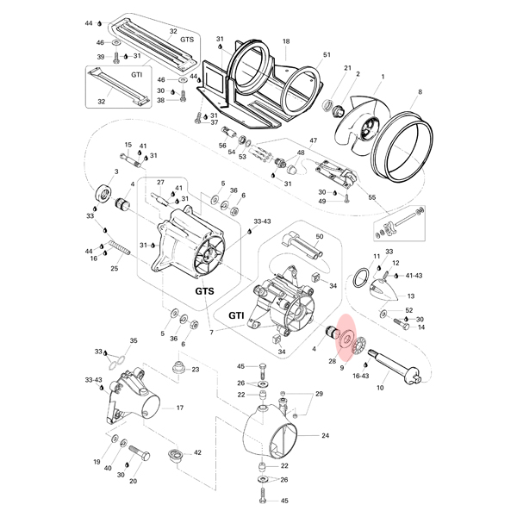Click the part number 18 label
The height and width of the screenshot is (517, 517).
click(x=286, y=41)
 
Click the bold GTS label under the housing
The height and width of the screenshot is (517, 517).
click(x=204, y=291)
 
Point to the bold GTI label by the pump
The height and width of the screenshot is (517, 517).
click(x=236, y=316)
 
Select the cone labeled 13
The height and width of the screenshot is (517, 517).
click(x=384, y=290)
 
